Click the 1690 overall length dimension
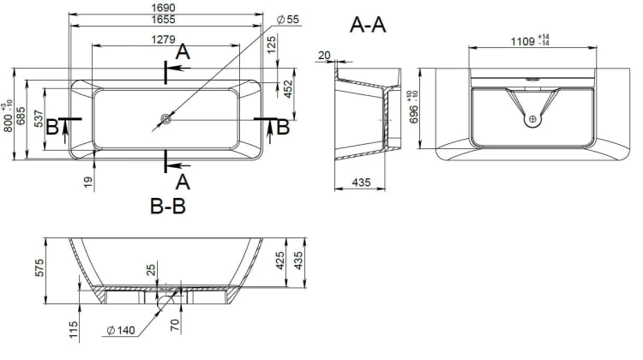tap(163, 8)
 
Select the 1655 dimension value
tap(163, 19)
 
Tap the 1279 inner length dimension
tap(163, 39)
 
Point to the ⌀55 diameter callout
tap(288, 19)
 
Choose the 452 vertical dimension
tap(288, 89)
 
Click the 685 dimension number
tap(21, 116)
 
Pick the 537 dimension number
tap(38, 118)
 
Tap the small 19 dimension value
tap(88, 182)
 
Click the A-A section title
tap(368, 25)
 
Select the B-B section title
tap(168, 207)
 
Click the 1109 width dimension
tap(522, 41)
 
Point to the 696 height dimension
tap(414, 113)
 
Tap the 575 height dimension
tap(39, 267)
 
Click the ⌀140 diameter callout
tap(121, 330)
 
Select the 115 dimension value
tap(73, 330)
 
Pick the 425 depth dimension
tap(280, 261)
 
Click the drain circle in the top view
tap(165, 119)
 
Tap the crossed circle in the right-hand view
tap(532, 119)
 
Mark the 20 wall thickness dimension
tap(324, 55)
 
